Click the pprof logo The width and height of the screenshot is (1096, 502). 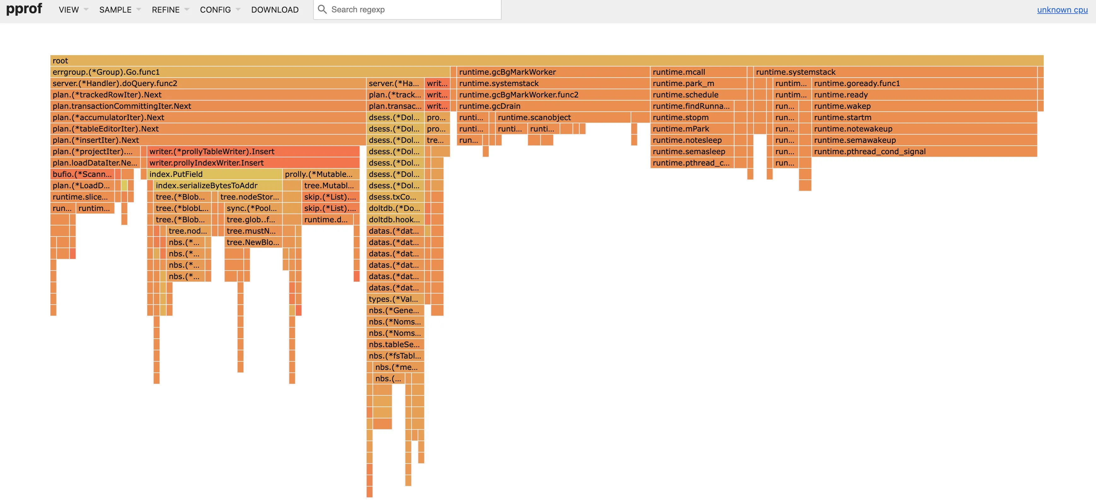point(24,9)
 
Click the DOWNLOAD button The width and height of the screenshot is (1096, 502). point(275,10)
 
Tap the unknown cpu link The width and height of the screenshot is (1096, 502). point(1062,10)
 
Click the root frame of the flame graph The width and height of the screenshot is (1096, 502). point(546,61)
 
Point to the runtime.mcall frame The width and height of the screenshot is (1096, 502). point(698,72)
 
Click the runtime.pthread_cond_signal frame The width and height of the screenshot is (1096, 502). point(923,151)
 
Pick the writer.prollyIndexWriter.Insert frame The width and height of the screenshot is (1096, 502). point(253,163)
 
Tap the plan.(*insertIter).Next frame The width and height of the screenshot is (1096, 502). point(207,140)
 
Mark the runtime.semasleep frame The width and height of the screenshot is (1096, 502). point(692,151)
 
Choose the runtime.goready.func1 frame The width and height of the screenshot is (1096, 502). point(923,83)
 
